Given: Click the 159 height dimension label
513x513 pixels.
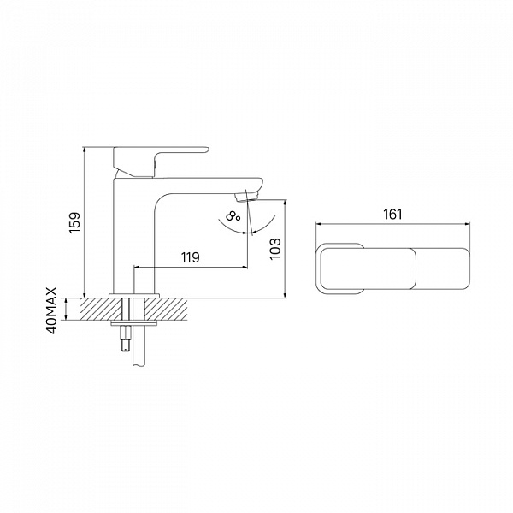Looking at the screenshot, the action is [x=75, y=222].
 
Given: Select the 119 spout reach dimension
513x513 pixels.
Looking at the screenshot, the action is [x=191, y=257].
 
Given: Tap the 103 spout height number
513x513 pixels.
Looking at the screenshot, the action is [x=275, y=249].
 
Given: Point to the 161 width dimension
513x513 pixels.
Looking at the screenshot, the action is [x=392, y=215].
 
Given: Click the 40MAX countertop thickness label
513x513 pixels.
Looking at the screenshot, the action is [x=52, y=310].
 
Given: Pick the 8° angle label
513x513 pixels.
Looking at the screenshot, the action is [x=233, y=216].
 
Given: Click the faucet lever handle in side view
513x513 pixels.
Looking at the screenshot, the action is [x=161, y=162].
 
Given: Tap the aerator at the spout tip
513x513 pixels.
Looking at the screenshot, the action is [x=246, y=198].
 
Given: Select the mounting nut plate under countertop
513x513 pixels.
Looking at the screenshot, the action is [x=134, y=323].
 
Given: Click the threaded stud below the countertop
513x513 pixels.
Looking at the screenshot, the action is [x=127, y=339].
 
